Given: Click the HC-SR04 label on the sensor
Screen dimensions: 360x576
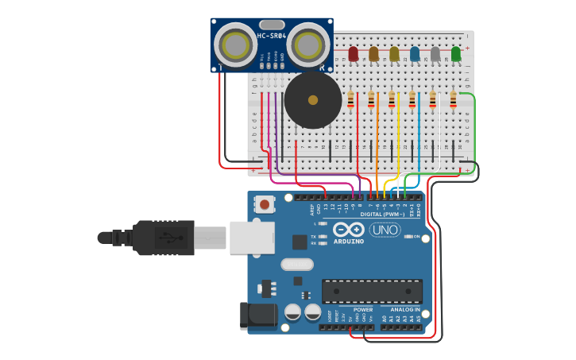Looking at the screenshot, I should pyautogui.click(x=271, y=36).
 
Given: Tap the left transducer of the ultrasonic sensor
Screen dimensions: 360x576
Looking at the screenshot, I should pyautogui.click(x=234, y=45).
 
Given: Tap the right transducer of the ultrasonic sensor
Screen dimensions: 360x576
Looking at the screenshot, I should pyautogui.click(x=307, y=45).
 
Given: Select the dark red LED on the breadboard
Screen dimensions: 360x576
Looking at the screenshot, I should pyautogui.click(x=354, y=54).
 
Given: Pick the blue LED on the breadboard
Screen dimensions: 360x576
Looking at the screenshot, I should pyautogui.click(x=415, y=54).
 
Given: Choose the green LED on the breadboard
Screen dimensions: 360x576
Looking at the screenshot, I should pyautogui.click(x=456, y=54).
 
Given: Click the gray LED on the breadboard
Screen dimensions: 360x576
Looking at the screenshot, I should pyautogui.click(x=435, y=54).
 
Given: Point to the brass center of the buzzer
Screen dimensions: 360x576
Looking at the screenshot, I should pyautogui.click(x=313, y=100).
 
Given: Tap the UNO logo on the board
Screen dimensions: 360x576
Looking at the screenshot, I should pyautogui.click(x=385, y=230).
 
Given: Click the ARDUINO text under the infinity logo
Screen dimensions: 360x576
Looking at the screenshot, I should pyautogui.click(x=348, y=241).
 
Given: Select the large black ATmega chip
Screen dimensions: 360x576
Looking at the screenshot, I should pyautogui.click(x=371, y=292).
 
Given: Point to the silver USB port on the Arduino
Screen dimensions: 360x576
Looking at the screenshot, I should pyautogui.click(x=252, y=238).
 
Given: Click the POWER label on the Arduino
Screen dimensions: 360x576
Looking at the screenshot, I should pyautogui.click(x=363, y=310).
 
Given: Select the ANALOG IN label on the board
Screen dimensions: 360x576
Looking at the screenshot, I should pyautogui.click(x=404, y=310).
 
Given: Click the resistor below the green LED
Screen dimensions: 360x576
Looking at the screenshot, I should pyautogui.click(x=454, y=100).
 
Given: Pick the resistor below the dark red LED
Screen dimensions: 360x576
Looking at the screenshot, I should pyautogui.click(x=351, y=100).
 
